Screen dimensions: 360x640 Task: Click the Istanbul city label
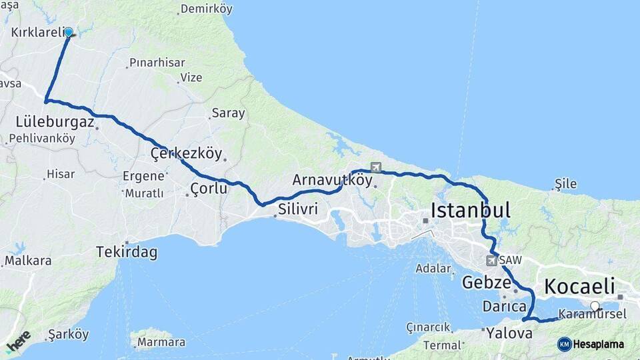(x=471, y=211)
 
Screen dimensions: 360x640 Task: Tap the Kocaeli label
(x=579, y=287)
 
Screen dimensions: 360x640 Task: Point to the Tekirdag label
(x=127, y=253)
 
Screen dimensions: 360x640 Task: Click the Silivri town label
(x=298, y=209)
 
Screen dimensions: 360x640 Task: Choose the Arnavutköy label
(x=332, y=180)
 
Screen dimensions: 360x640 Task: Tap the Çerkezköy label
(x=186, y=153)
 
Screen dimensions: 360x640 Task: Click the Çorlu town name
(x=209, y=189)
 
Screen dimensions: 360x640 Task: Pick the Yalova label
(x=509, y=332)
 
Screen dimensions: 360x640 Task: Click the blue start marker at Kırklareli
(x=69, y=31)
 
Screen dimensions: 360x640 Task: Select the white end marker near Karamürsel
(x=595, y=307)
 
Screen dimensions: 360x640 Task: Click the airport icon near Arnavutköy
(x=376, y=167)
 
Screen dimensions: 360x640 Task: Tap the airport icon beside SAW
(x=492, y=260)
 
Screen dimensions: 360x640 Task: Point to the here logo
(x=18, y=341)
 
